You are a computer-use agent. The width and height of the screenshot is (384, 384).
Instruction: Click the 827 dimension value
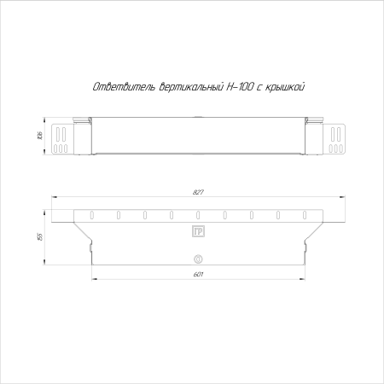[x=198, y=191]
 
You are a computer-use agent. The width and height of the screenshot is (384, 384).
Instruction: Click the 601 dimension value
[x=198, y=274]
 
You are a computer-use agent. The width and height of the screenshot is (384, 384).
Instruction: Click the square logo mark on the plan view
[x=198, y=230]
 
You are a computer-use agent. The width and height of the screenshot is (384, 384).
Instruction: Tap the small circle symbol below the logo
[x=198, y=259]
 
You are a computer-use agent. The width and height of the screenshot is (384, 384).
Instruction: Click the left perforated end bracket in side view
[x=63, y=138]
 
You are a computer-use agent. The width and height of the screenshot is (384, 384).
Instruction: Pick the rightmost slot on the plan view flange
[x=305, y=215]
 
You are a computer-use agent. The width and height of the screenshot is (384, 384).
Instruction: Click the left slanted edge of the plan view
[x=83, y=233]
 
